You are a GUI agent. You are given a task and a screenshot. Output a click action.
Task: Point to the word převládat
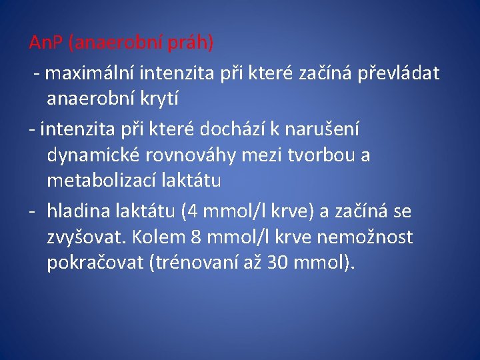398,73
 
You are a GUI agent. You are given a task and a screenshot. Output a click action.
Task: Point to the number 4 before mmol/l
193,212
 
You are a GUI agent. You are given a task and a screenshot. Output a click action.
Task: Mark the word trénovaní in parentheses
194,263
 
